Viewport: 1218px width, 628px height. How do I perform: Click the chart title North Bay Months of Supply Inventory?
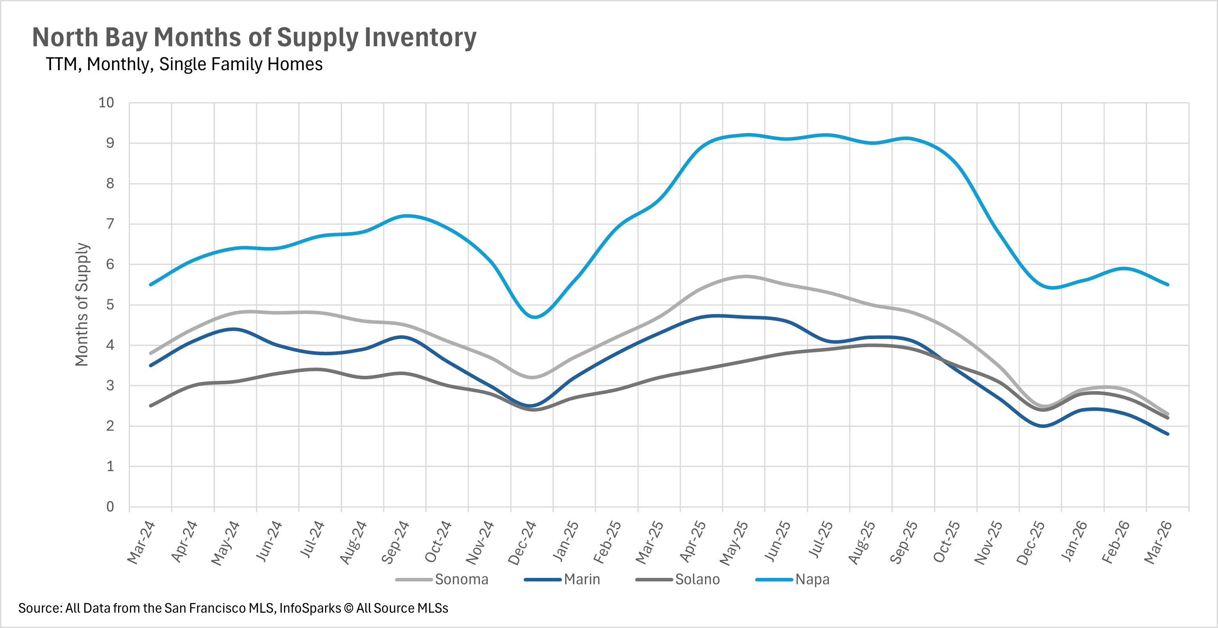click(x=254, y=38)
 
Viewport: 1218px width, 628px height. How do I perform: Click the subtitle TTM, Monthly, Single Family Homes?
click(x=184, y=64)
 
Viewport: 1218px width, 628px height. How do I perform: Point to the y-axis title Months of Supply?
click(x=82, y=304)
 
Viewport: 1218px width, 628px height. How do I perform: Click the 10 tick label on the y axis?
click(x=106, y=103)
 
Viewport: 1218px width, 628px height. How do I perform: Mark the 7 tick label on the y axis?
click(x=110, y=224)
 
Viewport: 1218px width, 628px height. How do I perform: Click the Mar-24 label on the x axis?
click(x=141, y=542)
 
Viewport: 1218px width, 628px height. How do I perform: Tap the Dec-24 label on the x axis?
click(x=522, y=542)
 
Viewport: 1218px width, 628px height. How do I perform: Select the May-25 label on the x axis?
click(x=734, y=542)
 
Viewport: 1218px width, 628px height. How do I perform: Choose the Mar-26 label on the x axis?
click(x=1158, y=542)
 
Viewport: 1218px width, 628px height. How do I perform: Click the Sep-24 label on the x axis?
click(x=395, y=542)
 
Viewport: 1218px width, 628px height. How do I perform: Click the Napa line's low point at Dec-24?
click(x=534, y=317)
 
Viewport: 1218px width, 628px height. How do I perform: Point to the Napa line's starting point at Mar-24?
click(x=150, y=285)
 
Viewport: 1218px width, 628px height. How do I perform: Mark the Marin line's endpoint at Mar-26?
click(x=1168, y=434)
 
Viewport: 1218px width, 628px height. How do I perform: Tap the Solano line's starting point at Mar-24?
click(x=150, y=406)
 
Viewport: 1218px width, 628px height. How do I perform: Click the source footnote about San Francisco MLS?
click(x=233, y=608)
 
